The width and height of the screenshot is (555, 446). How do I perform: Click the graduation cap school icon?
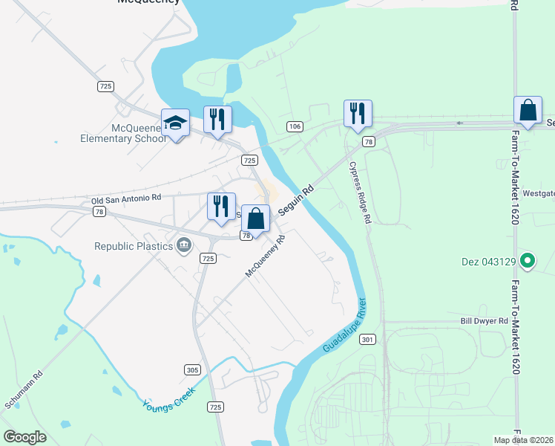click(176, 123)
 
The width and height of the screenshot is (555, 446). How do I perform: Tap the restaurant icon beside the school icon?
click(217, 120)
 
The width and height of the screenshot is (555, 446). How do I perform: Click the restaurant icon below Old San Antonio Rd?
click(221, 207)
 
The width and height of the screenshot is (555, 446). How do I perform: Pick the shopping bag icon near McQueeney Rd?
click(255, 219)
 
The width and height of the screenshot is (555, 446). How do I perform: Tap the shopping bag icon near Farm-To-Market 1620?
click(528, 111)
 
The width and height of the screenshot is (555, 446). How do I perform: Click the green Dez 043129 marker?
click(528, 261)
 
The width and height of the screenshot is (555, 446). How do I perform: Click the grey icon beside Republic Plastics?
click(183, 245)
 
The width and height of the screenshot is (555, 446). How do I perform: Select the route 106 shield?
click(295, 127)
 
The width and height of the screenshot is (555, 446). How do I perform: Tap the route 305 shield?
click(191, 369)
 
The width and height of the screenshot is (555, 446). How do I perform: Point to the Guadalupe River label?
click(345, 326)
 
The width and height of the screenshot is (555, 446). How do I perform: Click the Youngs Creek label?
click(169, 396)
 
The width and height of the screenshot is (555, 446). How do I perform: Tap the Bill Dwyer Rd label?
click(483, 321)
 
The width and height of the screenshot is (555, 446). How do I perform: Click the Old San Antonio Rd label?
click(126, 198)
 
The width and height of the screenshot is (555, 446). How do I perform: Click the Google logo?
click(25, 437)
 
